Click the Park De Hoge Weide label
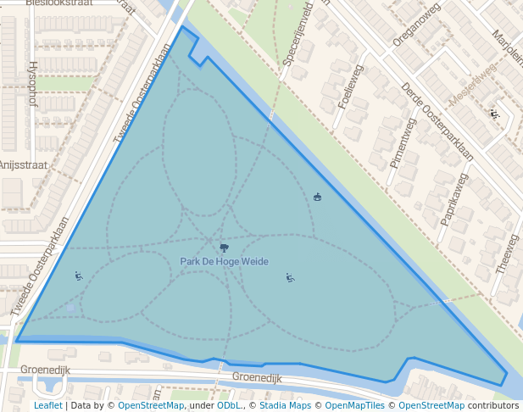[x=224, y=262]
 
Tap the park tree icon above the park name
[x=224, y=248]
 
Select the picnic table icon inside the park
[x=318, y=197]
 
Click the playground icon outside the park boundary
[x=494, y=114]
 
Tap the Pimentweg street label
[x=402, y=143]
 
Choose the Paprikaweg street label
[x=453, y=199]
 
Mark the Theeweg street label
[x=511, y=252]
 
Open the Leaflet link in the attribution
[x=47, y=405]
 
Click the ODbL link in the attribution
[x=229, y=405]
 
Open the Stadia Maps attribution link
[x=285, y=405]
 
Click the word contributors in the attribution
[x=493, y=405]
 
